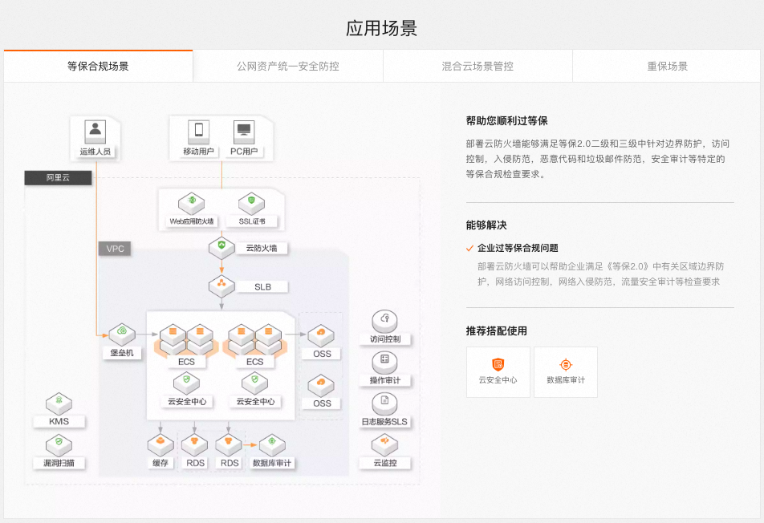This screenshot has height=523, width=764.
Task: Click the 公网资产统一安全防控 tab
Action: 287,66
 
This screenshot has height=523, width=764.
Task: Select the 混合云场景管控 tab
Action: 477,66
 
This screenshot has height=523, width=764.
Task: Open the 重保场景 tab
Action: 667,66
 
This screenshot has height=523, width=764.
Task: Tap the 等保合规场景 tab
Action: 98,66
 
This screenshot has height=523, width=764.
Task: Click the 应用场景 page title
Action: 381,29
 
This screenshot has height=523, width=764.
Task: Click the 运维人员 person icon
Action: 95,130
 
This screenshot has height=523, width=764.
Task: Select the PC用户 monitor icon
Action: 243,130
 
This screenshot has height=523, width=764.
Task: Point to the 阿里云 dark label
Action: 58,177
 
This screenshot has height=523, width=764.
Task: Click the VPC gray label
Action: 116,249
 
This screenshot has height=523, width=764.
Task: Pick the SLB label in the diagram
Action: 263,286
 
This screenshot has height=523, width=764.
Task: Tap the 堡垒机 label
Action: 122,352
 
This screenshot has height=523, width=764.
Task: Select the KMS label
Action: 59,421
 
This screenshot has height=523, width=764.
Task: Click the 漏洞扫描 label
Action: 59,463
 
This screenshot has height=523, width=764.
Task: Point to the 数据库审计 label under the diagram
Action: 273,463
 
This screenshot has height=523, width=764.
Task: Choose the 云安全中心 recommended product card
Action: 498,371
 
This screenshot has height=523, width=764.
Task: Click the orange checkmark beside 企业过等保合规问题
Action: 470,249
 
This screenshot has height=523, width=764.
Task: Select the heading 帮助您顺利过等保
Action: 506,121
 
